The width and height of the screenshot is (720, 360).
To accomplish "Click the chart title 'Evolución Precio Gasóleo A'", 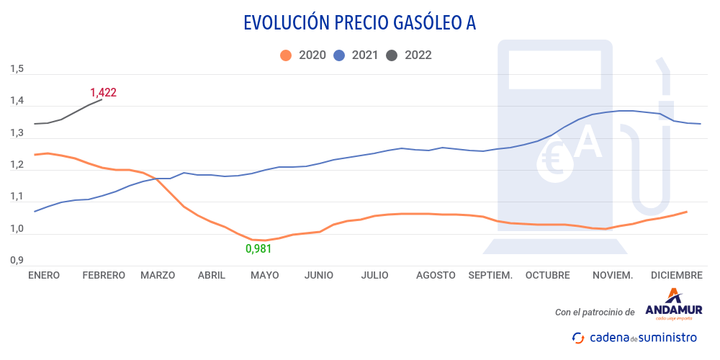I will point(360,23).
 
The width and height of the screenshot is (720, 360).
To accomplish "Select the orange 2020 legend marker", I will point(287,55).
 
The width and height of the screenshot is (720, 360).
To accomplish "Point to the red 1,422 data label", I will point(103,92).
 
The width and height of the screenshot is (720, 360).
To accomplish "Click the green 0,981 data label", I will point(259,249).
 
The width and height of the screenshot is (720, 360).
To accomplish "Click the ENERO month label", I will point(45,275).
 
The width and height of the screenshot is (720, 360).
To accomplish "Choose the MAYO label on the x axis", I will point(264,275).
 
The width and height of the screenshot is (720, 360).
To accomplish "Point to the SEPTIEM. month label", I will point(490,275).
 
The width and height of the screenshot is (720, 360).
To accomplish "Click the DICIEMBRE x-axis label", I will point(676,275).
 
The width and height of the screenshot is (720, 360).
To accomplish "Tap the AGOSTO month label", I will point(436,275).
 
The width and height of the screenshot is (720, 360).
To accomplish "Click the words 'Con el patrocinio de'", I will point(595,312).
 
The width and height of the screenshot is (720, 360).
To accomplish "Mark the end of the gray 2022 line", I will point(102,100).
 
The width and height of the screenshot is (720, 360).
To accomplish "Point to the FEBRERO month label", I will point(104,275).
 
